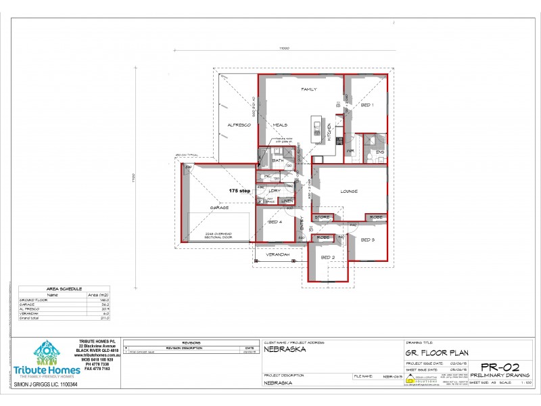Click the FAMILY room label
click(309, 89)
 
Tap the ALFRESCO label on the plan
click(239, 126)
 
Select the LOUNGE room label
click(349, 191)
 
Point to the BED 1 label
click(367, 106)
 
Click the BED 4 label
click(275, 222)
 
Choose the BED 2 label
click(327, 258)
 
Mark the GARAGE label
click(218, 208)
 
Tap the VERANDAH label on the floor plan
click(277, 254)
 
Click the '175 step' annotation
click(240, 191)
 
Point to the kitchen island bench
click(316, 129)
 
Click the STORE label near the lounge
click(322, 217)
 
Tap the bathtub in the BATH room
click(262, 155)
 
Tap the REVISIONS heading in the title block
click(191, 343)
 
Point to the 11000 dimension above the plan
click(285, 48)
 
